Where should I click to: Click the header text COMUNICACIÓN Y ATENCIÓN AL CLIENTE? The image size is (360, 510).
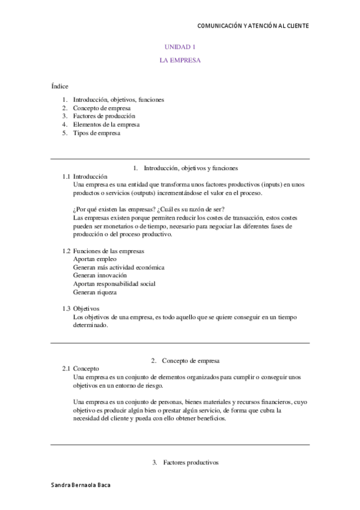tap(253, 26)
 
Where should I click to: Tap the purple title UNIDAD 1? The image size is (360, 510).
tap(180, 47)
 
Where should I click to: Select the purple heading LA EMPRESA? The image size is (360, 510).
tap(180, 60)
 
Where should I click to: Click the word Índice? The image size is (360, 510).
tap(59, 86)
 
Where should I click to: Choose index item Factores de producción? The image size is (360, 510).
tap(104, 116)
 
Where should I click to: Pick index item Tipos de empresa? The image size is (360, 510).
tap(97, 134)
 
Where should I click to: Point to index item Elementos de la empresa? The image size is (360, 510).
tap(106, 124)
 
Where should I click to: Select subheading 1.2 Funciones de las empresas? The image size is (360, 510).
tap(103, 250)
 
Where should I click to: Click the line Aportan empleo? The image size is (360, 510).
tap(95, 259)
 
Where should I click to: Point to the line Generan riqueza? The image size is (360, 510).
tap(94, 292)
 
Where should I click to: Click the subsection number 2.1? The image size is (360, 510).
tap(66, 368)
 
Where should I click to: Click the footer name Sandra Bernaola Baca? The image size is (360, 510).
tap(81, 484)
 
